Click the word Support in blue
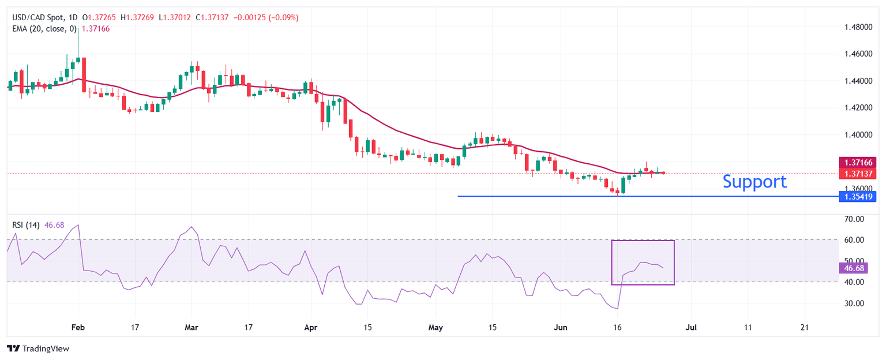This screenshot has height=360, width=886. (754, 182)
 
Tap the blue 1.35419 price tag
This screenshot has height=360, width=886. (859, 197)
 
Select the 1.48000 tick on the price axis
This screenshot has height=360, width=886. (859, 27)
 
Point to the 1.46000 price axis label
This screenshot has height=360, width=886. (859, 54)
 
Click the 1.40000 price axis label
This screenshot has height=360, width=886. (859, 134)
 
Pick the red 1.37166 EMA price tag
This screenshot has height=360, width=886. (859, 163)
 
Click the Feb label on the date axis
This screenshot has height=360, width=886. (78, 327)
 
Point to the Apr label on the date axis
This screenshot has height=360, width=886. (310, 327)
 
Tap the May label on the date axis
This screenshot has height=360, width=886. (436, 327)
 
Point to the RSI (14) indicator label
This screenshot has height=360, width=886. (26, 225)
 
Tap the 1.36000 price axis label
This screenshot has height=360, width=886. (859, 189)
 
